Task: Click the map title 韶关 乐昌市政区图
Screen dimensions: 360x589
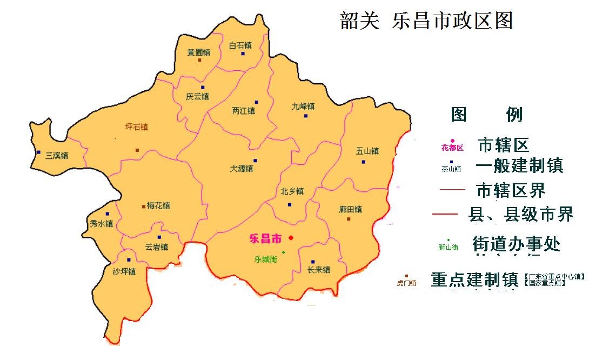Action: [426, 21]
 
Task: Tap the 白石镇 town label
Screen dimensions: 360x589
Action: [240, 45]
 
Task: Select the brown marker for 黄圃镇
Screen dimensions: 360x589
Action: [199, 60]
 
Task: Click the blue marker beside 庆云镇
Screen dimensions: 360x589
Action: [203, 87]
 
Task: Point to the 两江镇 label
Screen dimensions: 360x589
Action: [243, 111]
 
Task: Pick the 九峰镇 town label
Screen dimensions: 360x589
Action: [303, 106]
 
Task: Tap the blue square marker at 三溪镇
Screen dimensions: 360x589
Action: [38, 152]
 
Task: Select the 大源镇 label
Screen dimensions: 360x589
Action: [242, 169]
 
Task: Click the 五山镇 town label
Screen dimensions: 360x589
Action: [367, 151]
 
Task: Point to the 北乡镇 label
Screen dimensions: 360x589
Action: [292, 191]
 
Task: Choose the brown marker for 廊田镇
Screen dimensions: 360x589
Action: [349, 219]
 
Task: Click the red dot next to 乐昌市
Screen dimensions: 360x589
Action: [291, 238]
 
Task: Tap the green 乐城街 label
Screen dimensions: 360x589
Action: [265, 259]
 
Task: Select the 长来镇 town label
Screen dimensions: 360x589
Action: [318, 270]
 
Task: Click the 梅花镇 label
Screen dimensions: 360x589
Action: [158, 205]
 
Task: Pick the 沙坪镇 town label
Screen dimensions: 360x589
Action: [124, 271]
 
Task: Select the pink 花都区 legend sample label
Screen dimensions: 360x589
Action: [452, 148]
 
